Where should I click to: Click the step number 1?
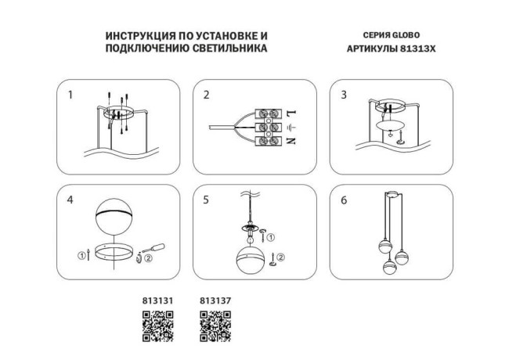pos(70,95)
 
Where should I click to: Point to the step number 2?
pos(207,95)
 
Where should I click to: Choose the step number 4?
pos(70,200)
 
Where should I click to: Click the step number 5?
pos(207,200)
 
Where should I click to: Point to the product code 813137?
pos(213,299)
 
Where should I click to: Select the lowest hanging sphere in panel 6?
pos(388,267)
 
